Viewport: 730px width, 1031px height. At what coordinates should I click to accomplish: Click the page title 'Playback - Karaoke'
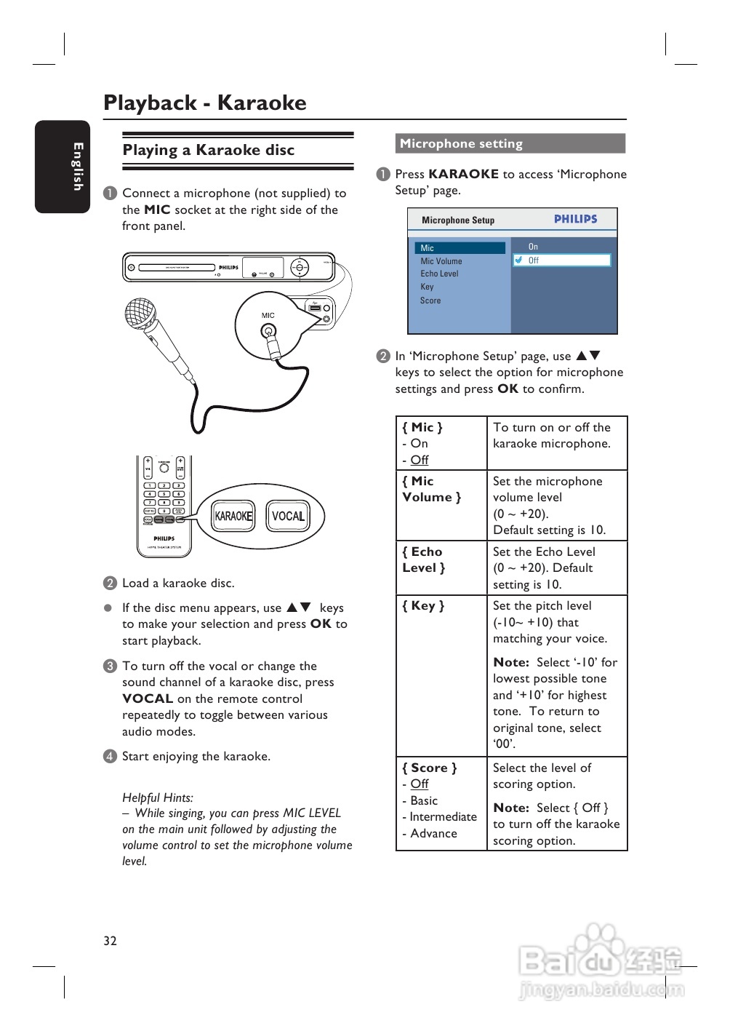pos(205,103)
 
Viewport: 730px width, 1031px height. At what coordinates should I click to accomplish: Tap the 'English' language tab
pos(63,167)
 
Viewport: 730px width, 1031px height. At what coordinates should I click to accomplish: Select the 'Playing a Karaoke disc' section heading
pos(209,150)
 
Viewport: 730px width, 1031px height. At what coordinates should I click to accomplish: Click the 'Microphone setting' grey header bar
pos(510,143)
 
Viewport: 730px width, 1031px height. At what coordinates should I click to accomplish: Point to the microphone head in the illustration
pos(140,314)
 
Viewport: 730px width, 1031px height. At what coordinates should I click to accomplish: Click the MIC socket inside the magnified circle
pos(268,332)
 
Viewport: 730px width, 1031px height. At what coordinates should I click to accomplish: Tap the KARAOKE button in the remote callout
pos(233,516)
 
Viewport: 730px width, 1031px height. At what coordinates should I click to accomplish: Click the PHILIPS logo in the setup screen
pos(575,219)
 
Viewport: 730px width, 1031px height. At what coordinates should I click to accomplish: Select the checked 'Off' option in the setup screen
pos(562,260)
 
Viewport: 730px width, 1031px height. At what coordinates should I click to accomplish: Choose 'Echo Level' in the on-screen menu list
pos(439,274)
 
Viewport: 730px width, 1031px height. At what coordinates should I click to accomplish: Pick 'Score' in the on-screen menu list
pos(430,300)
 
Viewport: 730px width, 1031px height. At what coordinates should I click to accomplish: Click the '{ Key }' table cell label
pos(423,605)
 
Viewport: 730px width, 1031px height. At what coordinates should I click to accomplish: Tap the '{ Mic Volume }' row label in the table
pos(431,489)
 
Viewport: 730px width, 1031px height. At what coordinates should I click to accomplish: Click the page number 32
pos(110,941)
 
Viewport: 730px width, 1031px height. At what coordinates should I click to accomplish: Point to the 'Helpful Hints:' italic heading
pos(158,797)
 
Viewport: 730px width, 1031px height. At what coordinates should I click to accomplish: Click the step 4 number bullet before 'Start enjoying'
pos(110,756)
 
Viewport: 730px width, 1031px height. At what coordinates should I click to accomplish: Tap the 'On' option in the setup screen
pos(533,247)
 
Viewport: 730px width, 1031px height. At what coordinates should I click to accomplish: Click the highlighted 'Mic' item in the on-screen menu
pos(460,248)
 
